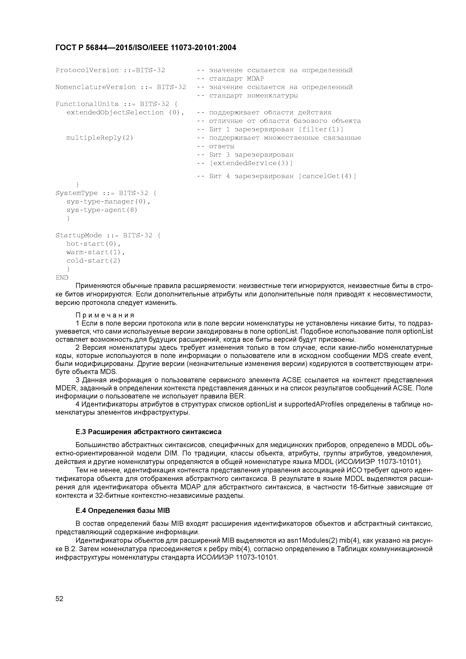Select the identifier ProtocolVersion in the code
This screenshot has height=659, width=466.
[x=87, y=70]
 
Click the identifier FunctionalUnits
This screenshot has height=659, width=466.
[x=87, y=104]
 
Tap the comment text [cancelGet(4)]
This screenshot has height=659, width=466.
[x=327, y=176]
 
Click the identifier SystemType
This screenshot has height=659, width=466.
[x=77, y=193]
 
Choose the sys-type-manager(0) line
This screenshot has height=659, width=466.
[x=108, y=202]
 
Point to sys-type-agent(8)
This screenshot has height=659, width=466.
[x=102, y=210]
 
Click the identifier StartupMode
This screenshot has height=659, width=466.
[x=79, y=235]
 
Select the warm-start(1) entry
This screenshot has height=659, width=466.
[x=96, y=252]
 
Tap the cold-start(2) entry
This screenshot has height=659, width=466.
[x=94, y=261]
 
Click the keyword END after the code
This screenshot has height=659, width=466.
[x=62, y=277]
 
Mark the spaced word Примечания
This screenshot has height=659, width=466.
[x=105, y=315]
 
